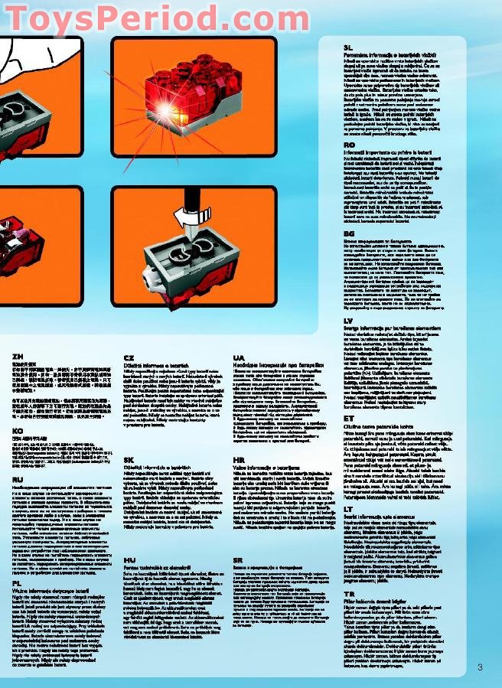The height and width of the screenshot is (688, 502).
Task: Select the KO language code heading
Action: tap(17, 431)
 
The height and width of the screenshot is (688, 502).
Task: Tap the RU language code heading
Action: tap(18, 479)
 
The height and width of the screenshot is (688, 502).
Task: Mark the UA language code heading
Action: tap(239, 357)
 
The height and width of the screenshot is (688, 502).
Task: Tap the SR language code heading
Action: tap(239, 560)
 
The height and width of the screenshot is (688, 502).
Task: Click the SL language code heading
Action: tap(349, 47)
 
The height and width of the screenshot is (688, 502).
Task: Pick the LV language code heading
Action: tap(349, 320)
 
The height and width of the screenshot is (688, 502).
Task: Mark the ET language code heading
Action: tap(349, 418)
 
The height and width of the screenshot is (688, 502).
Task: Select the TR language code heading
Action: tap(349, 593)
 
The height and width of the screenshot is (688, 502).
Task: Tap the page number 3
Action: tap(480, 667)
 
